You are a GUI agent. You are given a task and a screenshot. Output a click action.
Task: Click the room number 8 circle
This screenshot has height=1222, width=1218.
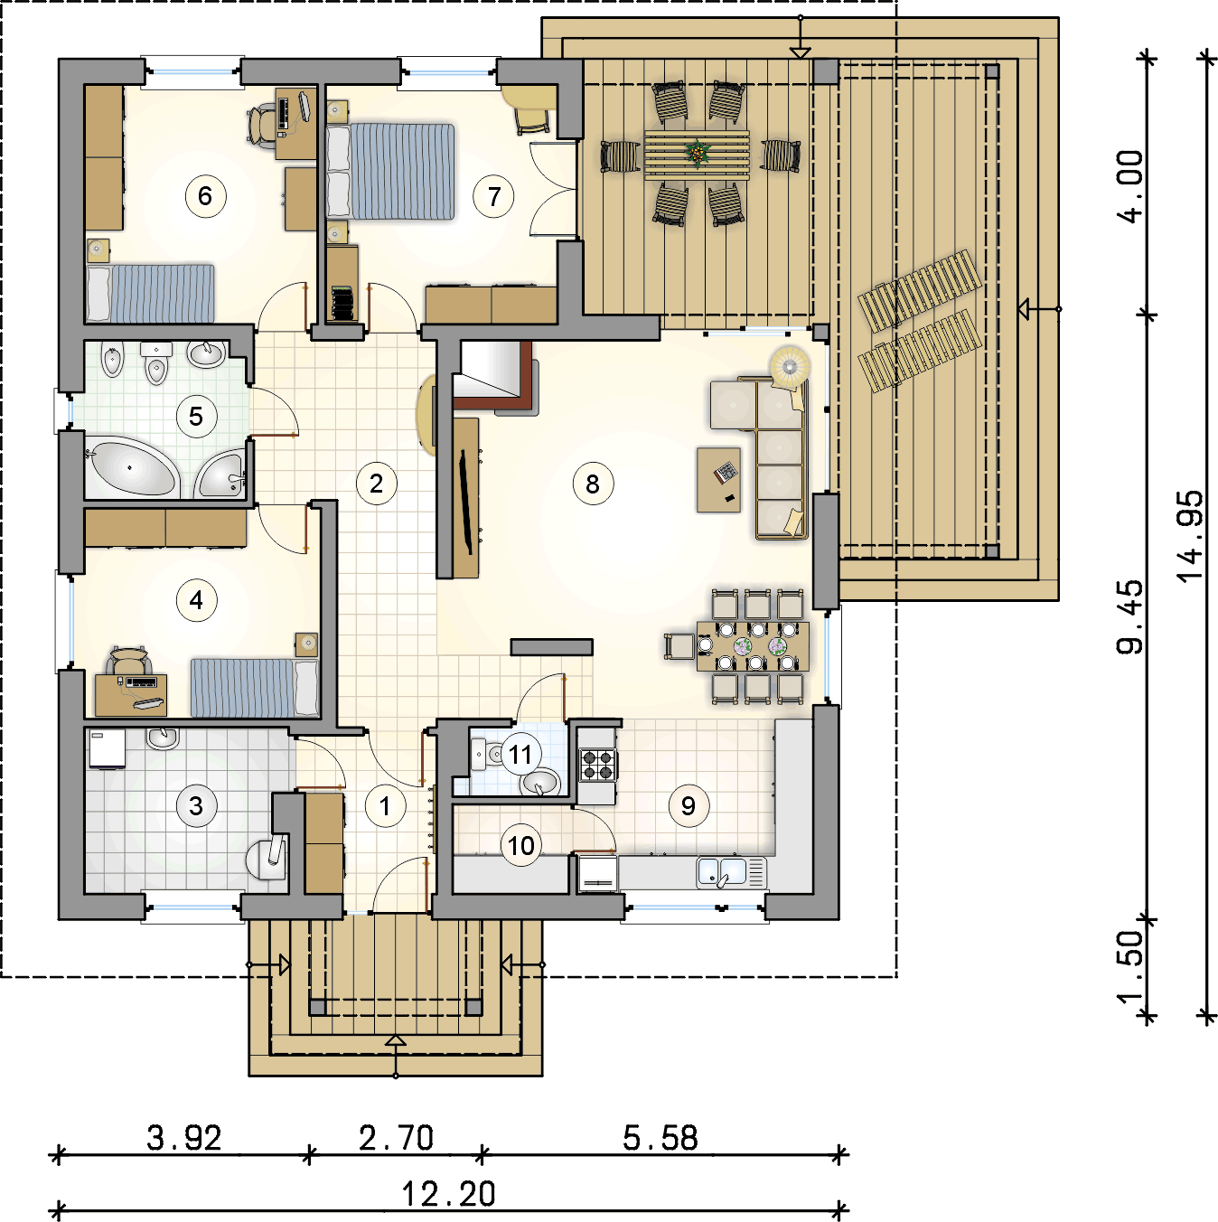pyautogui.click(x=592, y=484)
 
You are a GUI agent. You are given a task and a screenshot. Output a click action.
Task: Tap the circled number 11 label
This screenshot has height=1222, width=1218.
pyautogui.click(x=520, y=754)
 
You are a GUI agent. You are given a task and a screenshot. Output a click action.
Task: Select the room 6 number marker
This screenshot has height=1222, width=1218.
pyautogui.click(x=205, y=196)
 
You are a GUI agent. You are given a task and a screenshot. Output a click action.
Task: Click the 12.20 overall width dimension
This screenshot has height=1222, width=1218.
pyautogui.click(x=448, y=1194)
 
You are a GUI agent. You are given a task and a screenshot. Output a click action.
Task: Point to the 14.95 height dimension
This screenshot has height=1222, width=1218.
pyautogui.click(x=1188, y=536)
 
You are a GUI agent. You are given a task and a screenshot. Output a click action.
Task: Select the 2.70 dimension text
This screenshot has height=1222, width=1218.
pyautogui.click(x=397, y=1138)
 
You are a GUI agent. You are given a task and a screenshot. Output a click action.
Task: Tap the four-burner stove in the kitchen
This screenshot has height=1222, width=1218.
pyautogui.click(x=598, y=765)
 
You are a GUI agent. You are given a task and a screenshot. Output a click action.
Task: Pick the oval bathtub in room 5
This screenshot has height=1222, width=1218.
pyautogui.click(x=131, y=468)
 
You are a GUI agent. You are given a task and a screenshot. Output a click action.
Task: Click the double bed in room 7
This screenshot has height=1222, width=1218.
pyautogui.click(x=390, y=171)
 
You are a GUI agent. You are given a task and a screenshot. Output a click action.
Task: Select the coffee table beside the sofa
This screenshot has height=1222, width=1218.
pyautogui.click(x=718, y=479)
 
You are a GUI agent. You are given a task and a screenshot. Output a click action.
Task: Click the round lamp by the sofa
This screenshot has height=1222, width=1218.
pyautogui.click(x=790, y=365)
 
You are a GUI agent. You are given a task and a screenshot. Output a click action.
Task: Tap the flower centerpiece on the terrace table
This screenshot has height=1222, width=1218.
pyautogui.click(x=698, y=153)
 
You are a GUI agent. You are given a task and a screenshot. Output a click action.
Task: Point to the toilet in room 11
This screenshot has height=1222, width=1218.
pyautogui.click(x=486, y=754)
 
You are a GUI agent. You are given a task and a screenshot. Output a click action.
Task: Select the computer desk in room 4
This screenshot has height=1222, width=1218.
pyautogui.click(x=131, y=694)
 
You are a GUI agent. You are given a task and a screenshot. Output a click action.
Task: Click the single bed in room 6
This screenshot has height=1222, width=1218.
pyautogui.click(x=150, y=294)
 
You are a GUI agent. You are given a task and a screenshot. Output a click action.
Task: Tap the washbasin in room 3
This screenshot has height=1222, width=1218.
pyautogui.click(x=163, y=738)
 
